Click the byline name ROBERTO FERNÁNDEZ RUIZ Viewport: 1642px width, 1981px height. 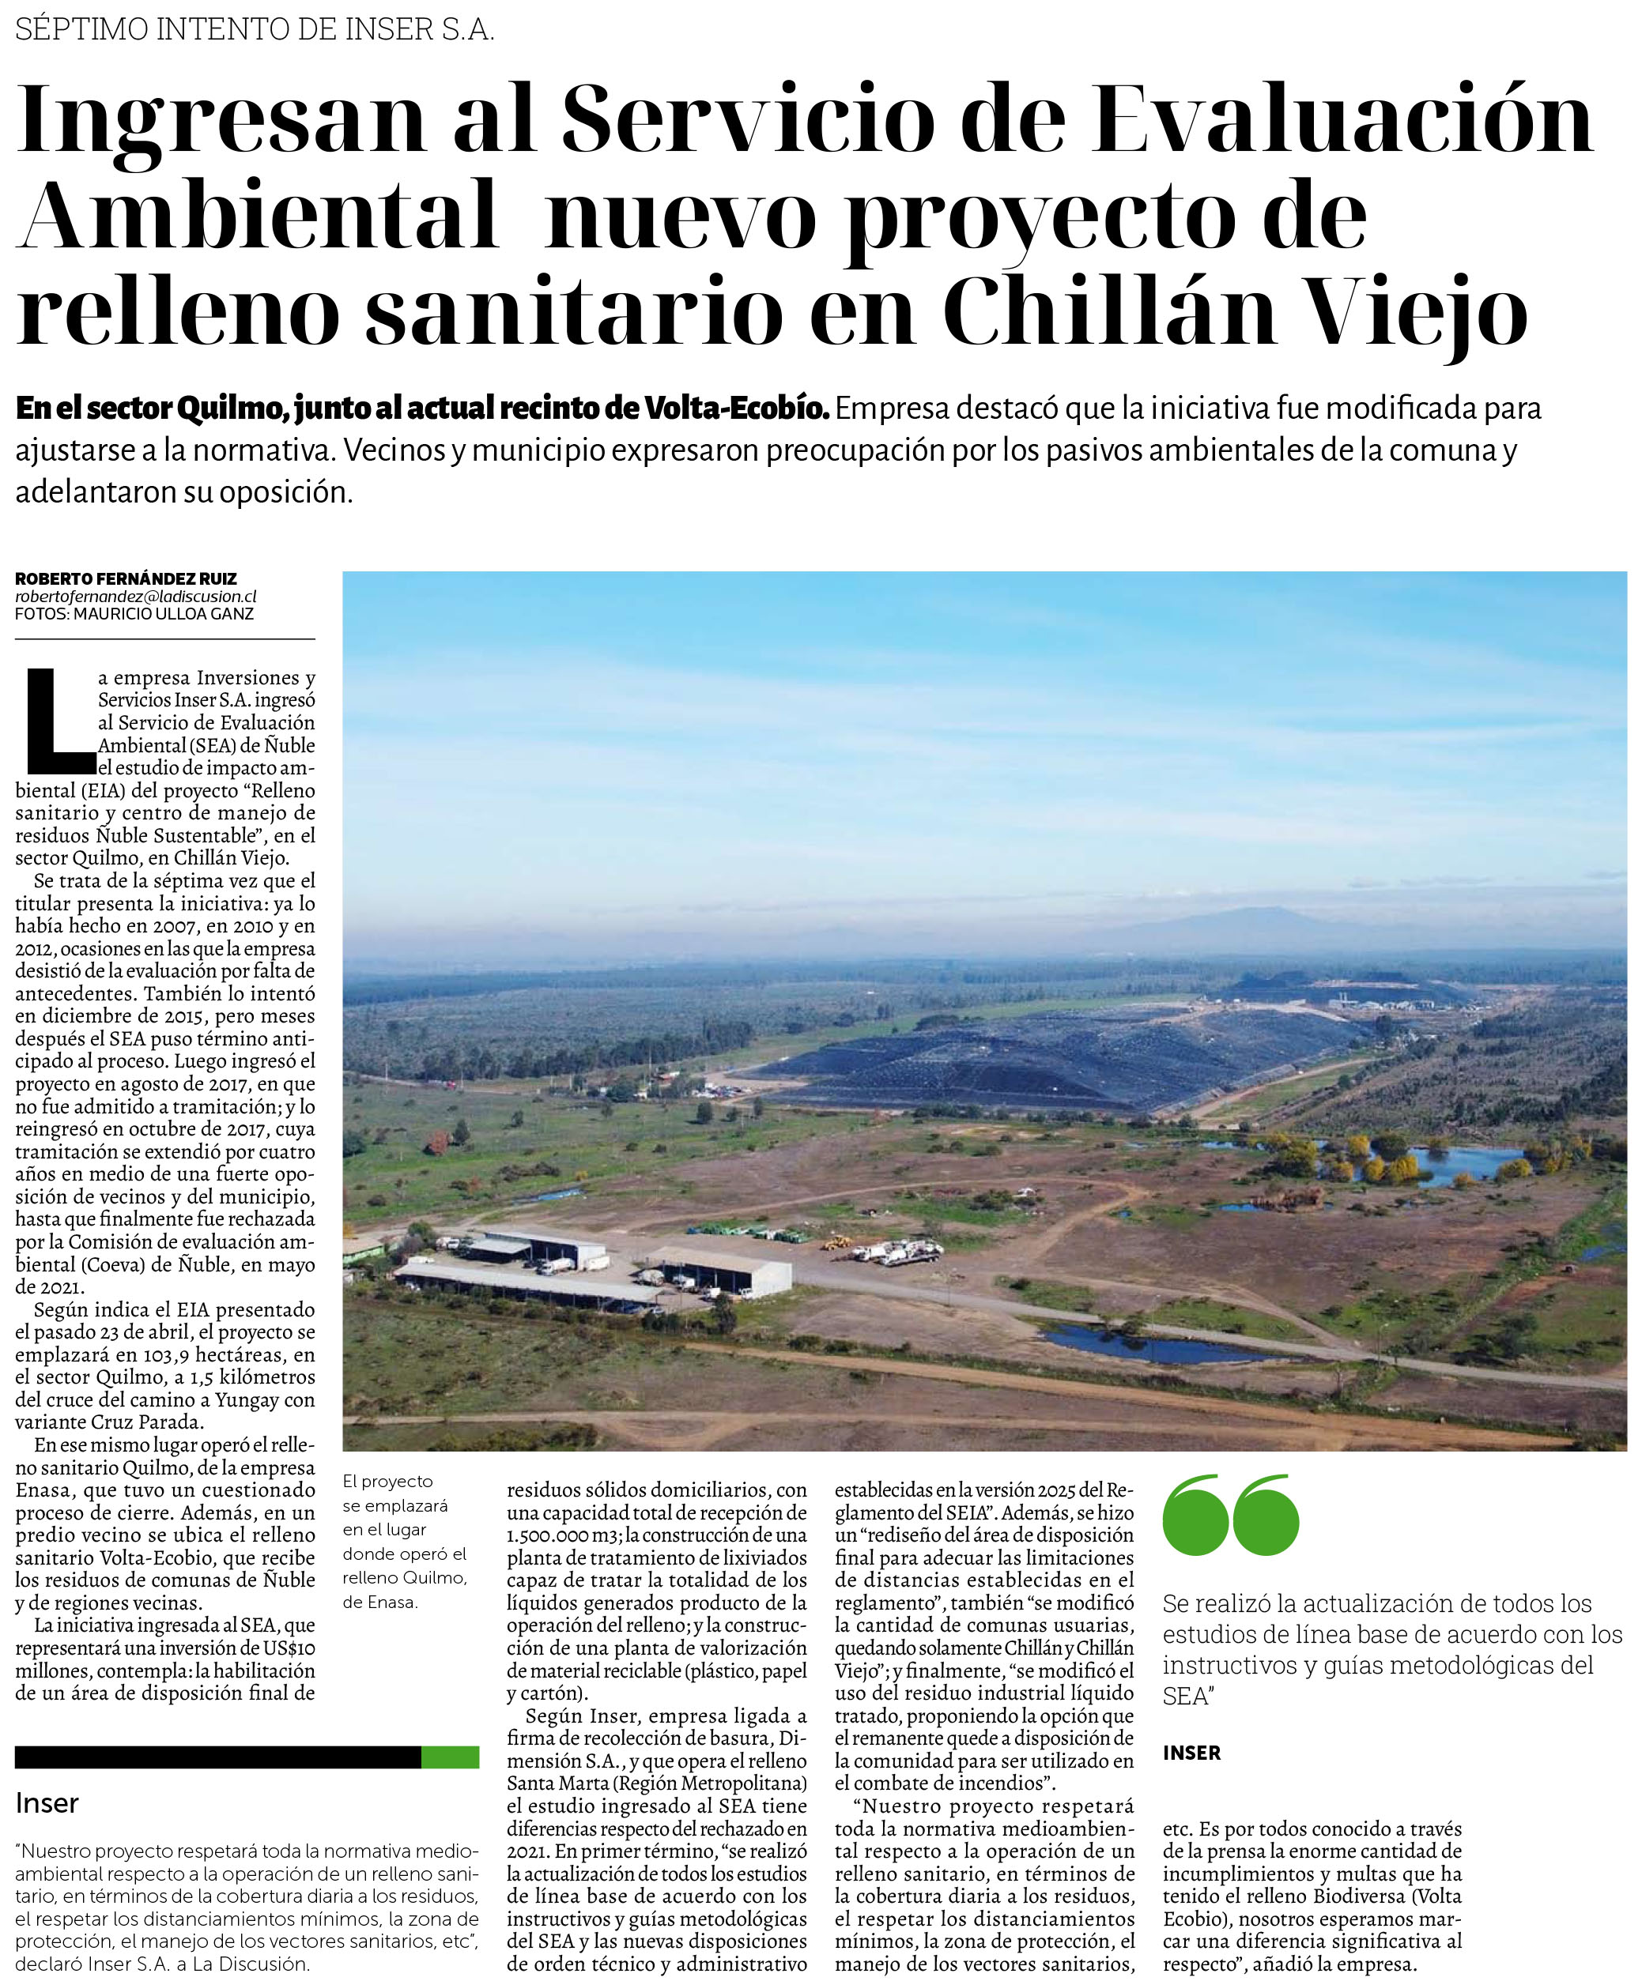tap(126, 579)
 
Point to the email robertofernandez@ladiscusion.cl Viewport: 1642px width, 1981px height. tap(135, 597)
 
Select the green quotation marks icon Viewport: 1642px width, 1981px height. tap(1231, 1515)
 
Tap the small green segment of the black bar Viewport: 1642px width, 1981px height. tap(449, 1757)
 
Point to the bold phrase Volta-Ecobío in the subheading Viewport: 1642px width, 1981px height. tap(737, 409)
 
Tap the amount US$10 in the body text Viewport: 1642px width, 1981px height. tap(286, 1648)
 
